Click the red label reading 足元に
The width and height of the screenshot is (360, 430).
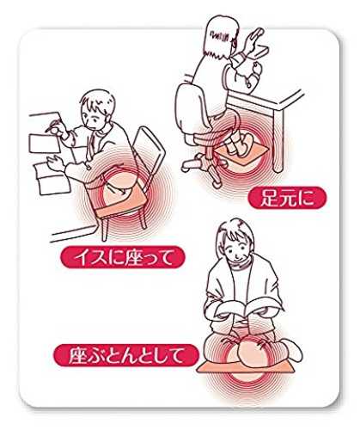point(287,198)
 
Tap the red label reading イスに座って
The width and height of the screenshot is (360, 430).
point(123,257)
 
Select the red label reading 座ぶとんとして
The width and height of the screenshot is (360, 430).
point(125,355)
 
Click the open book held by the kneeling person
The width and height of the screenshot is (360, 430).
point(245,308)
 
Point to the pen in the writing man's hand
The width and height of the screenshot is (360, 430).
point(52,126)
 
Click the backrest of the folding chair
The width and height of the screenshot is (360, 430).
point(149,144)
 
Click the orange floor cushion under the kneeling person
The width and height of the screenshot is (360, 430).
point(246,367)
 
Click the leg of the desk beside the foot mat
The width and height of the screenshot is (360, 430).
point(278,141)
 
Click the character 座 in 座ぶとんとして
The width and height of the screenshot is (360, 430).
point(77,355)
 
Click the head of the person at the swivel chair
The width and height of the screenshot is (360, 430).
point(221,36)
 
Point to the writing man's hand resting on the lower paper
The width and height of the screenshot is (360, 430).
point(56,163)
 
